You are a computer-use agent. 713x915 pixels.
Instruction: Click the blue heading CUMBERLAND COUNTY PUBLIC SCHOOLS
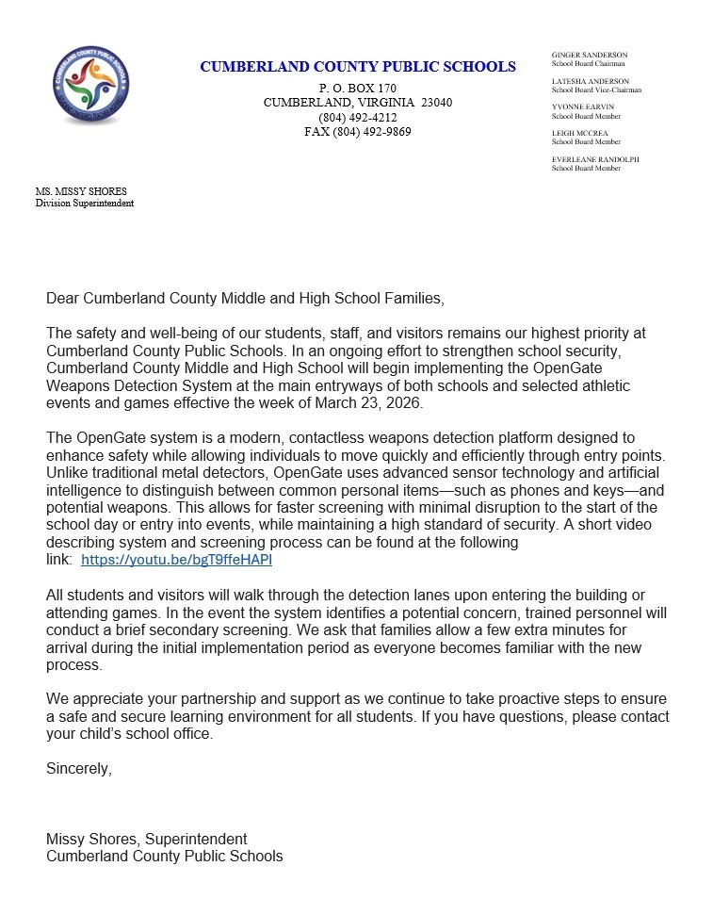[x=357, y=67]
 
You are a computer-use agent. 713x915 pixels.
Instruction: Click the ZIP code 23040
[x=436, y=103]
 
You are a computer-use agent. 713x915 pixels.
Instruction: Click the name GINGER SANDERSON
[x=589, y=56]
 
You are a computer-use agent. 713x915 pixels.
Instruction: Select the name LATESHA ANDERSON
[x=590, y=82]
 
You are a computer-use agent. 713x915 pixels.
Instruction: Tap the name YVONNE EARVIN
[x=582, y=107]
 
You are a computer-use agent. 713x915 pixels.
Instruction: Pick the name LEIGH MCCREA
[x=580, y=134]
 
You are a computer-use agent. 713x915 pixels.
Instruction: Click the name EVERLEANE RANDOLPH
[x=595, y=160]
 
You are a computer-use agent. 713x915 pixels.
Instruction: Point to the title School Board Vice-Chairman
[x=596, y=90]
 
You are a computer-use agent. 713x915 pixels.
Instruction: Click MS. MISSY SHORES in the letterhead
[x=81, y=192]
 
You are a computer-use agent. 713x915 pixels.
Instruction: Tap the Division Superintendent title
[x=85, y=204]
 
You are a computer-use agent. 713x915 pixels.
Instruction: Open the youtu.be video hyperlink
[x=176, y=560]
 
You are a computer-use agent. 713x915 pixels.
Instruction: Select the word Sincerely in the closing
[x=78, y=769]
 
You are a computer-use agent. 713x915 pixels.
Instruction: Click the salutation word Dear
[x=63, y=299]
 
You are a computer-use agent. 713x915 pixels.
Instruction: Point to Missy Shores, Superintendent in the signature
[x=146, y=839]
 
